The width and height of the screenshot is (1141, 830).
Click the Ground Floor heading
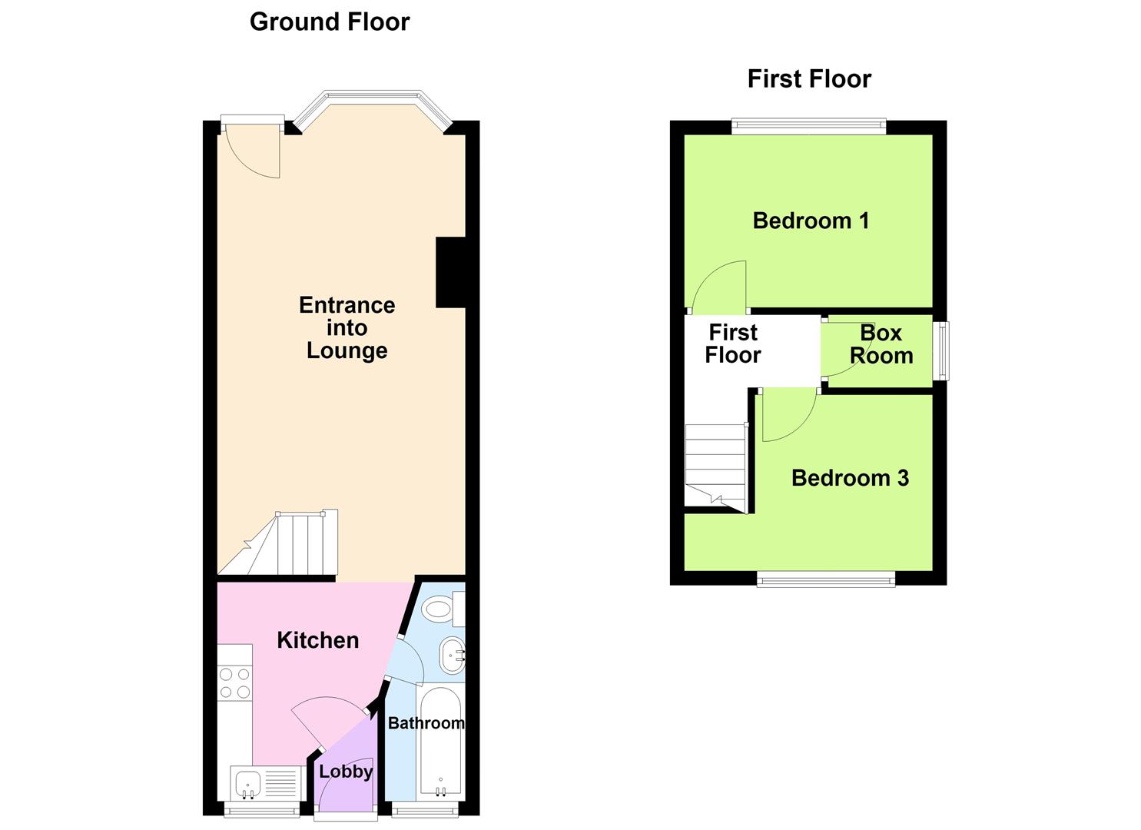click(330, 22)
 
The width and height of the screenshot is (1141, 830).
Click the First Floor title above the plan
click(809, 79)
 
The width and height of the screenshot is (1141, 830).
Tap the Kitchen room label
click(318, 640)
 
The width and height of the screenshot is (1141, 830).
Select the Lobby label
click(346, 772)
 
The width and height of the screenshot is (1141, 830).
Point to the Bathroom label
click(426, 723)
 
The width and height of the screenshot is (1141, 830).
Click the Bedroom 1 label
click(811, 221)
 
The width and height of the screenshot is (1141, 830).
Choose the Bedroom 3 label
click(850, 478)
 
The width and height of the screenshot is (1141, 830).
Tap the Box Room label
click(881, 344)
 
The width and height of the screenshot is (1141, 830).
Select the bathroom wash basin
click(453, 656)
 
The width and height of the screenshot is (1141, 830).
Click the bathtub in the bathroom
click(440, 742)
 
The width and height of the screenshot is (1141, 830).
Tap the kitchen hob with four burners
click(235, 683)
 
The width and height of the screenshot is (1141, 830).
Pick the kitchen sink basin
click(248, 783)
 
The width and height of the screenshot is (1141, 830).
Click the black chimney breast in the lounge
click(451, 273)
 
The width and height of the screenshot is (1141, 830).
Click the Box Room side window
click(944, 351)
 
